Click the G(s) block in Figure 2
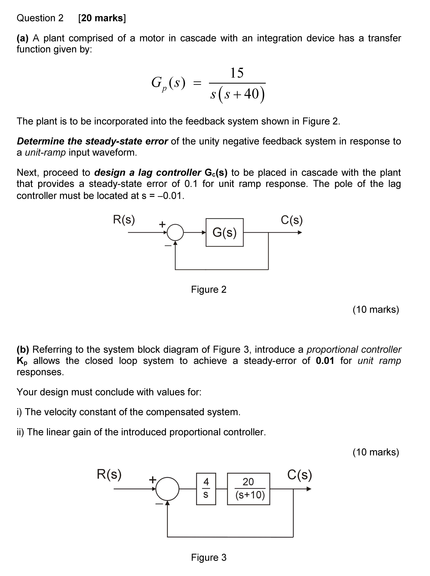click(x=224, y=232)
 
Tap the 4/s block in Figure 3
click(x=206, y=489)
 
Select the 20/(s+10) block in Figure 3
click(x=249, y=489)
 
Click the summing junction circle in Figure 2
click(x=175, y=232)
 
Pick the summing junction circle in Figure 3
click(x=167, y=489)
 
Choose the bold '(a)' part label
click(x=22, y=38)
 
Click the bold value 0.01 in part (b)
click(x=325, y=361)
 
